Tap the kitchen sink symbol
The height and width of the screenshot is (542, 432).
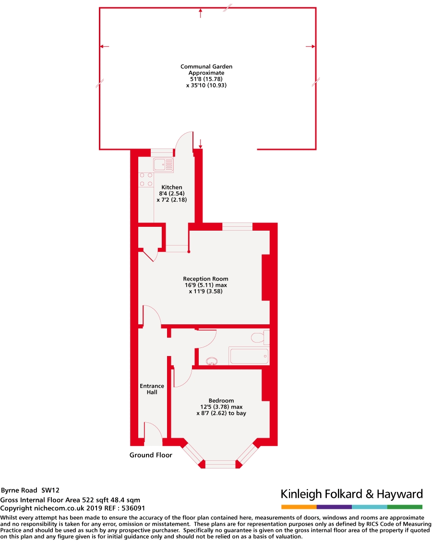click(163, 164)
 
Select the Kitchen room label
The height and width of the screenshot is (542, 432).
click(171, 187)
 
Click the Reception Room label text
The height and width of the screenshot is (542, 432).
click(205, 279)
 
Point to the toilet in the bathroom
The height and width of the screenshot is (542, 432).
click(259, 337)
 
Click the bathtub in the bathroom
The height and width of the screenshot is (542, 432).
click(249, 356)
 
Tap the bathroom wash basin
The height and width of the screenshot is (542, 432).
click(211, 360)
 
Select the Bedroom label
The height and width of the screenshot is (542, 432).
click(221, 401)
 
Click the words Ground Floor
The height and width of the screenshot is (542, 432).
click(151, 455)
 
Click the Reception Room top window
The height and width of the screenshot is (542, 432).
click(237, 226)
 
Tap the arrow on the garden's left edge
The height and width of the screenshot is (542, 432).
click(104, 47)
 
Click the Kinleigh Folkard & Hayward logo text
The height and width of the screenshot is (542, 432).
click(351, 494)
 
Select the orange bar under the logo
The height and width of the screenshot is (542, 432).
click(299, 507)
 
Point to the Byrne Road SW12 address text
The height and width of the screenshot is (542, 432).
click(30, 491)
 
